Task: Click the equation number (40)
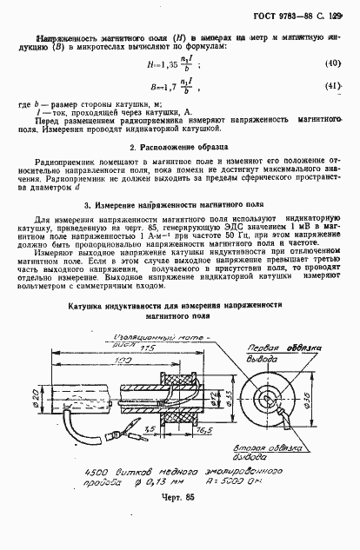(331, 64)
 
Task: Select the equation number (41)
(331, 87)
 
